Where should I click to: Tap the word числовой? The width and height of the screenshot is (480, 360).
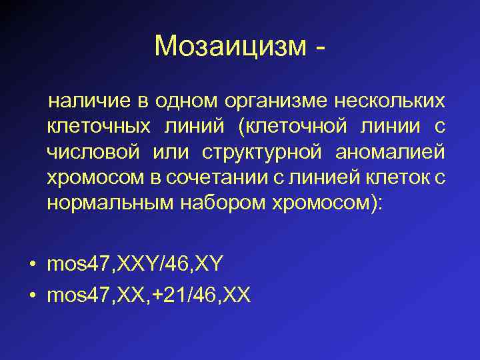(93, 151)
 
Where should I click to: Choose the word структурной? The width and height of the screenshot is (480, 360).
(258, 151)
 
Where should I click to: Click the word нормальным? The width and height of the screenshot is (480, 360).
(109, 202)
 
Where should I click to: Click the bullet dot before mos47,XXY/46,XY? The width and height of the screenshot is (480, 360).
(32, 265)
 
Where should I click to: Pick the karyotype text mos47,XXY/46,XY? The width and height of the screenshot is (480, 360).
(135, 264)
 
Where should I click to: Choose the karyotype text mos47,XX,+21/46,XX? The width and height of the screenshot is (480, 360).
(149, 295)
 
